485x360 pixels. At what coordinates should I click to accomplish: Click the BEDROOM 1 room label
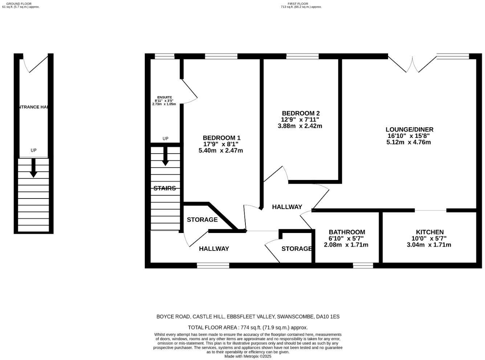coord(221,138)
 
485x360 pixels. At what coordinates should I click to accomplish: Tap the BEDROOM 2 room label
coord(301,113)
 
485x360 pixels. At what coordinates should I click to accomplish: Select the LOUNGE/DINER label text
coord(409,130)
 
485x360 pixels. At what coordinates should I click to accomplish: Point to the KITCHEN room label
coord(429,232)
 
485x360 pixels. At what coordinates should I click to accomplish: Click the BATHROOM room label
coord(347,232)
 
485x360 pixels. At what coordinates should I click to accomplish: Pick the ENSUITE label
coord(164,97)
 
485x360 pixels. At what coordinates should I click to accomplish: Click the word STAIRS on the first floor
coord(164,188)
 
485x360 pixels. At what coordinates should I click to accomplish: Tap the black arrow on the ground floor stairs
coord(33,168)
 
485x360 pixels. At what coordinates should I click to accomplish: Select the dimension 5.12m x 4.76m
coord(408,142)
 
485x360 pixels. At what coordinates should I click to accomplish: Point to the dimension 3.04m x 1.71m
coord(429,245)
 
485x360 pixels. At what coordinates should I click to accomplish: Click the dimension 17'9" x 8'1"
coord(221,144)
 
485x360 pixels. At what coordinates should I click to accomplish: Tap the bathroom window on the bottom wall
coord(363,266)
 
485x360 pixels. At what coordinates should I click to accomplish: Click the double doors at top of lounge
coord(412,64)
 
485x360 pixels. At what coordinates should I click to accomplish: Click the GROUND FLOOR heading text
coord(19,4)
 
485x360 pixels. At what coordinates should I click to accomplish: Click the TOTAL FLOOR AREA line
coord(248,327)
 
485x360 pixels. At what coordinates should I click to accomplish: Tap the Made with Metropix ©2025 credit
coord(248,356)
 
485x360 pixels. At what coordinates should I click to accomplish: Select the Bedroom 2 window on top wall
coord(302,56)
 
